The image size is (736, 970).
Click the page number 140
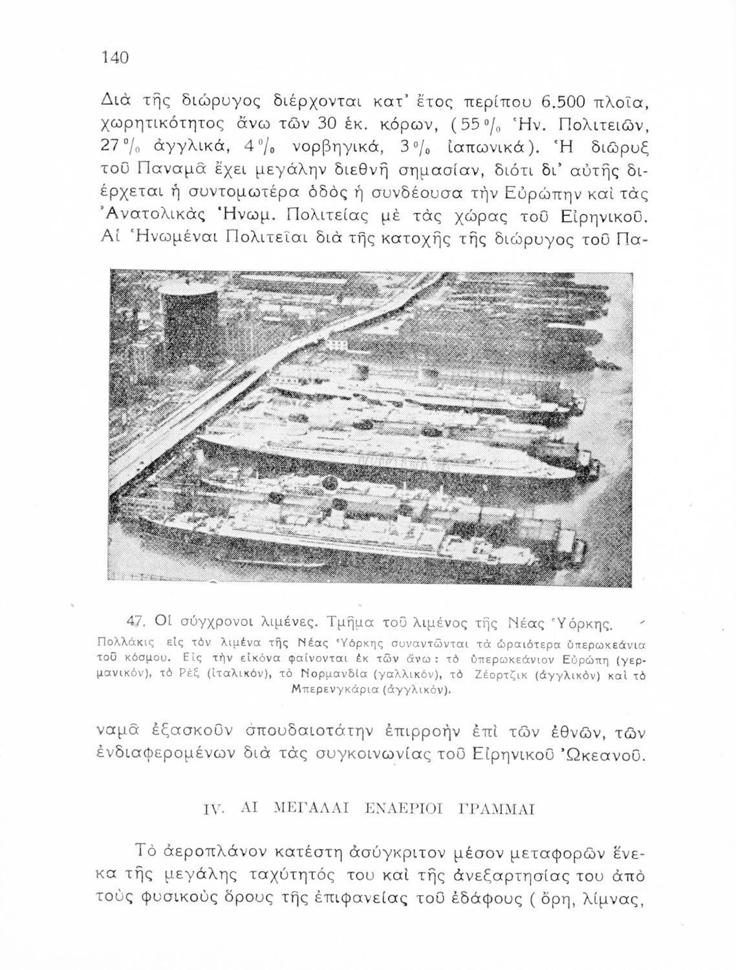(x=116, y=58)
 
